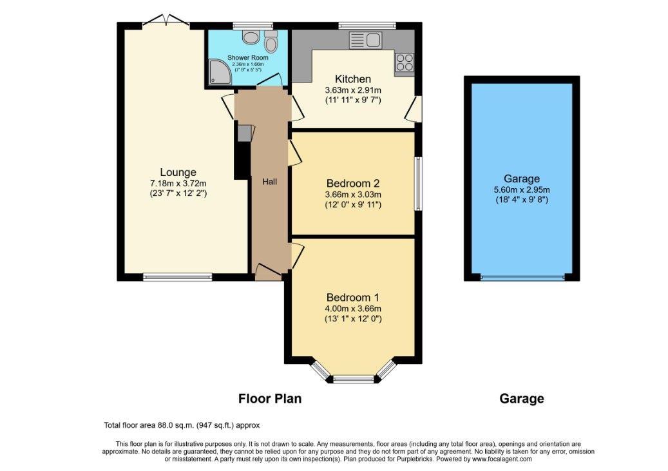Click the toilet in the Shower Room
tap(270, 43)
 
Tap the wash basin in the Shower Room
tap(251, 38)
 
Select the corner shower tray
tap(219, 73)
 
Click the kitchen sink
tap(365, 41)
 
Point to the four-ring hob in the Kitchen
tap(405, 62)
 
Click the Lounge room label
tap(178, 172)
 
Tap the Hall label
tap(269, 182)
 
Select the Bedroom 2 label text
tap(353, 182)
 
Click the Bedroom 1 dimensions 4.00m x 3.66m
tap(353, 308)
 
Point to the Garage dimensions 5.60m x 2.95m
tap(522, 189)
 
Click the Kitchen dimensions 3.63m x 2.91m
tap(353, 90)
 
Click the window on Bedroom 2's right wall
tap(418, 184)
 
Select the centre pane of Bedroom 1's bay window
tap(353, 379)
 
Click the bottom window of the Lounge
tap(178, 278)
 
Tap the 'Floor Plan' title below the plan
tap(270, 398)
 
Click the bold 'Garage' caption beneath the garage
tap(521, 399)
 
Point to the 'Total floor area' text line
tap(182, 425)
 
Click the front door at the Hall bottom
tap(268, 273)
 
